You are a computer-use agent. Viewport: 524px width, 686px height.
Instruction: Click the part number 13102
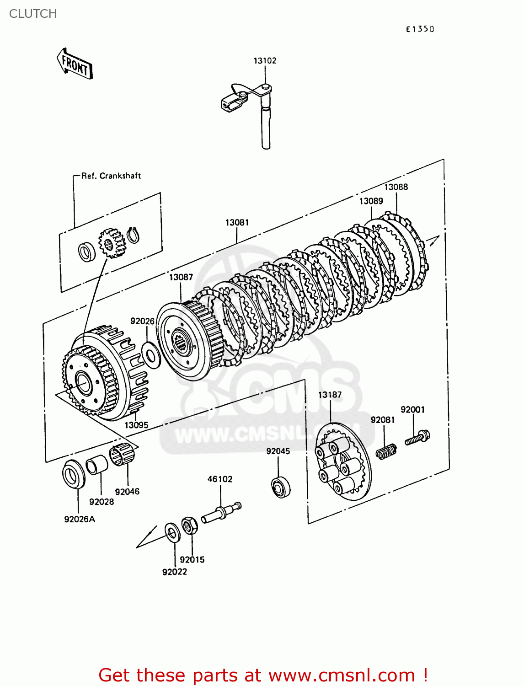coord(265,60)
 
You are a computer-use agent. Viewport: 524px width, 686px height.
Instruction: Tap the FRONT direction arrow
coord(75,64)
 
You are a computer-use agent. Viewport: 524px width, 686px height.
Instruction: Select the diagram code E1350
coord(420,29)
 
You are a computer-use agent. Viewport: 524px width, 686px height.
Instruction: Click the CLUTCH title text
coord(33,14)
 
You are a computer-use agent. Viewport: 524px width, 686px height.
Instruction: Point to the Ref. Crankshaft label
coord(111,176)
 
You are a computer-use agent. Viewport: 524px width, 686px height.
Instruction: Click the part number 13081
coord(237,223)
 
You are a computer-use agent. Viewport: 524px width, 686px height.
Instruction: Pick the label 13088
coord(396,187)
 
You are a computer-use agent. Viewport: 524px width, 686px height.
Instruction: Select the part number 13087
coord(181,277)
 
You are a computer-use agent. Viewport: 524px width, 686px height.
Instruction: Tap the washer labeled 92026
coord(151,355)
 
